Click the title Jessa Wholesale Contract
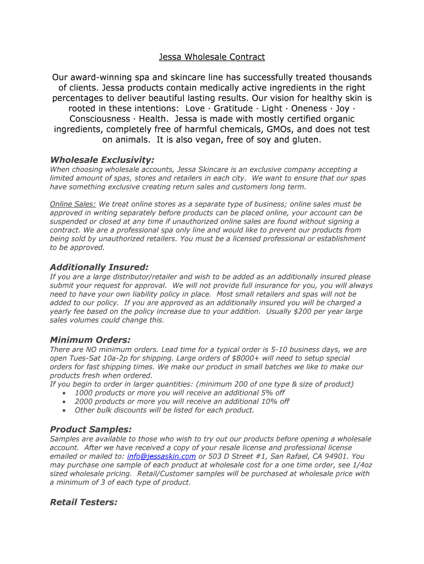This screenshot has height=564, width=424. click(212, 57)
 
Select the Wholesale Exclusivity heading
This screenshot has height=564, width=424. click(102, 160)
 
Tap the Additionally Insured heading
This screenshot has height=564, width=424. click(99, 267)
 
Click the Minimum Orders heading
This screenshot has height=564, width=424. click(90, 340)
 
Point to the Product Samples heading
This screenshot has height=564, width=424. click(91, 429)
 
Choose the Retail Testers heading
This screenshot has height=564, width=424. click(84, 502)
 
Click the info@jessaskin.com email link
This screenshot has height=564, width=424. click(161, 457)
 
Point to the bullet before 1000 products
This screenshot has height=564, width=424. click(65, 393)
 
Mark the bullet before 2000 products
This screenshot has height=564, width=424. click(65, 402)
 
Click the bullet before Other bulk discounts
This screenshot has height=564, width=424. click(65, 410)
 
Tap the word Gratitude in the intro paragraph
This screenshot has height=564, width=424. click(233, 109)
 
